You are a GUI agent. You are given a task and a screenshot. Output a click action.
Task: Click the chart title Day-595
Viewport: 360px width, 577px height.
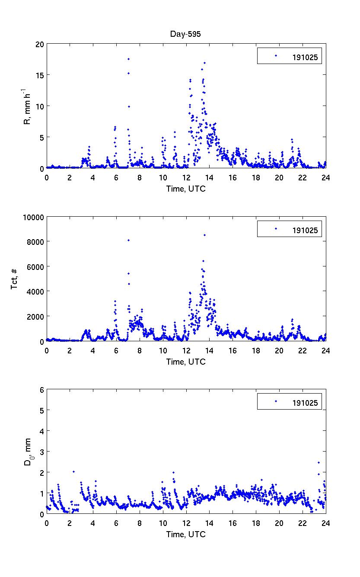point(186,35)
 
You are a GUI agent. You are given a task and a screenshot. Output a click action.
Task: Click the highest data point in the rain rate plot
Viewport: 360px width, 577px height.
point(128,59)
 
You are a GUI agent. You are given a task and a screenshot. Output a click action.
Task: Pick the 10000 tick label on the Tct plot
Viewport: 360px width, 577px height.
point(34,217)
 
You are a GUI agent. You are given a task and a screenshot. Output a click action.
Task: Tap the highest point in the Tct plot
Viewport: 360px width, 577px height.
point(204,235)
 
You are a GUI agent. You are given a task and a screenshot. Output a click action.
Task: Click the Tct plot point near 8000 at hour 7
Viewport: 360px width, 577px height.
point(128,240)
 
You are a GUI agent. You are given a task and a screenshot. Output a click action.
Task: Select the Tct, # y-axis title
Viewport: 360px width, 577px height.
point(15,279)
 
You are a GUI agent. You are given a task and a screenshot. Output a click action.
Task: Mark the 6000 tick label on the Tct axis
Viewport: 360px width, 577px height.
point(36,267)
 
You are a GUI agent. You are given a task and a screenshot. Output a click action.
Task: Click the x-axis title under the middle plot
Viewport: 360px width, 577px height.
point(186,362)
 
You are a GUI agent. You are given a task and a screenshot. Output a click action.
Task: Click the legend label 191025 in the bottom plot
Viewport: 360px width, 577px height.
point(306,403)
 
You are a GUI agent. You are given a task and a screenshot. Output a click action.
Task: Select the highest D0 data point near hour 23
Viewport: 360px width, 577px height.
point(319,463)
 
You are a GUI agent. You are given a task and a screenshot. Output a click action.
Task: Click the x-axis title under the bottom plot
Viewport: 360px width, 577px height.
point(186,535)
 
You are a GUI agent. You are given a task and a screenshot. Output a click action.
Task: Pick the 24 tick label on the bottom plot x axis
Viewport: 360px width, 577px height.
point(326,523)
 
